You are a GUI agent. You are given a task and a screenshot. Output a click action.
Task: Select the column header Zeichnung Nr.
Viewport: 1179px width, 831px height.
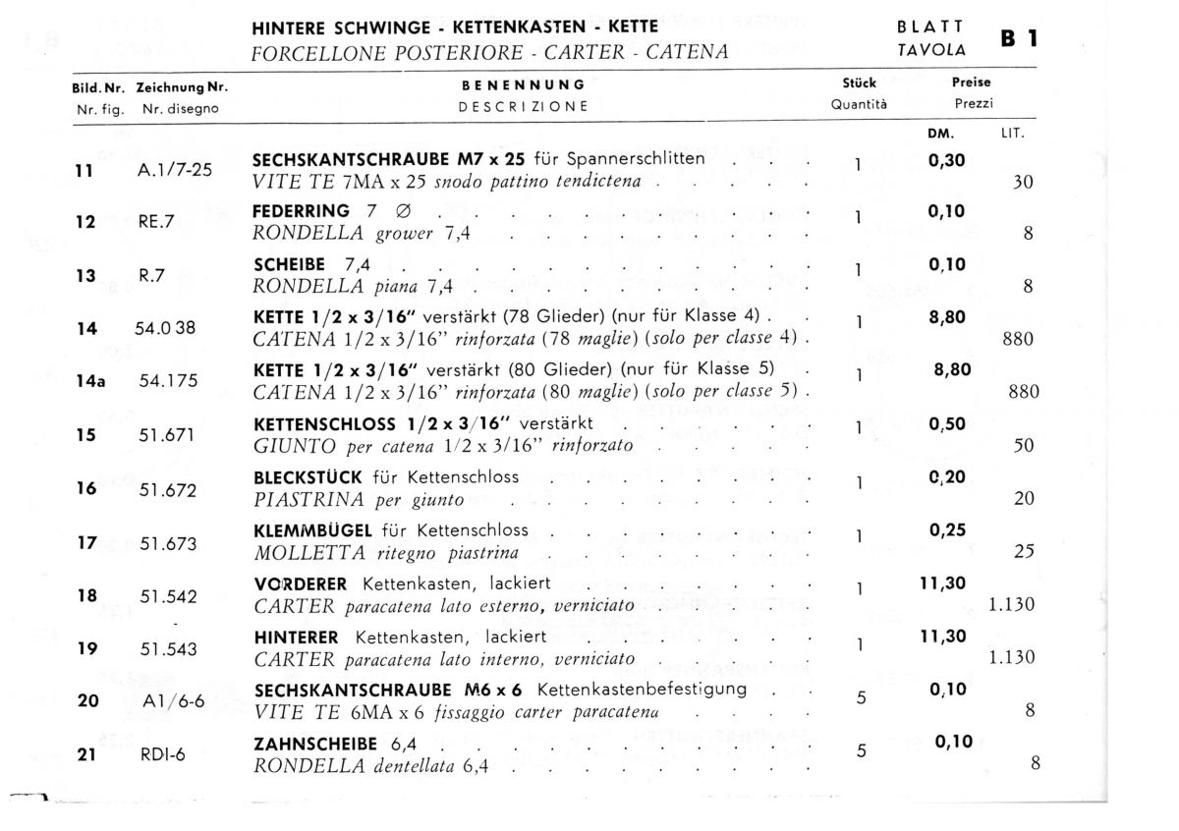[x=183, y=87]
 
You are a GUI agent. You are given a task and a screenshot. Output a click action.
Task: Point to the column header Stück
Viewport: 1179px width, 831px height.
[x=859, y=83]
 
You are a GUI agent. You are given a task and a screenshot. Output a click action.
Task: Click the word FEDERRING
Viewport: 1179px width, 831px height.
[x=301, y=211]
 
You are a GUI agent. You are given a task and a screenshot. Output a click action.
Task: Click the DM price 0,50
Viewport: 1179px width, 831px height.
[x=947, y=424]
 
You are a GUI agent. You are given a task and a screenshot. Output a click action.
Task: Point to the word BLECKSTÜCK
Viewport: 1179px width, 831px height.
[x=309, y=477]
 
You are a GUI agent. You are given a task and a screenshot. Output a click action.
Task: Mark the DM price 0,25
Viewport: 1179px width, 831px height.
[x=947, y=530]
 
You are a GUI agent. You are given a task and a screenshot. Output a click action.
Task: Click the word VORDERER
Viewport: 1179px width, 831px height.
[x=300, y=583]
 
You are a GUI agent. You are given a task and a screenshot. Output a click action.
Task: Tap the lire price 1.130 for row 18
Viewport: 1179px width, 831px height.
[x=1011, y=605]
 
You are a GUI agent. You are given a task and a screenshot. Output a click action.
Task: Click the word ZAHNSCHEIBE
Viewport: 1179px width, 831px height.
[x=314, y=744]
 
